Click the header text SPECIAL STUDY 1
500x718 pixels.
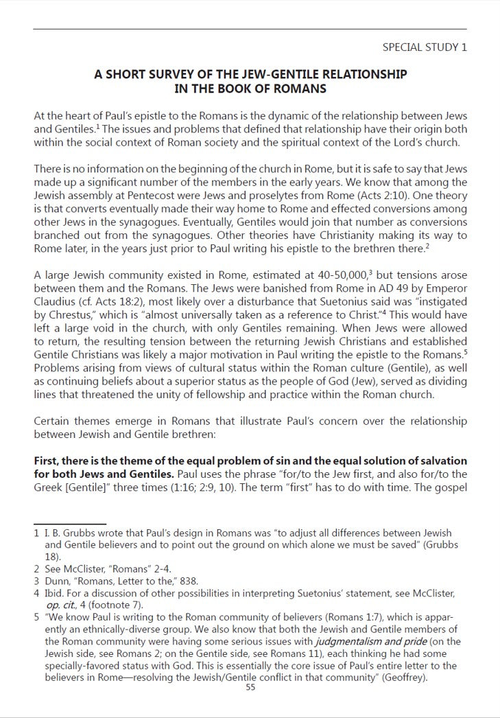(424, 47)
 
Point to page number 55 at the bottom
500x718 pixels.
(250, 688)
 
